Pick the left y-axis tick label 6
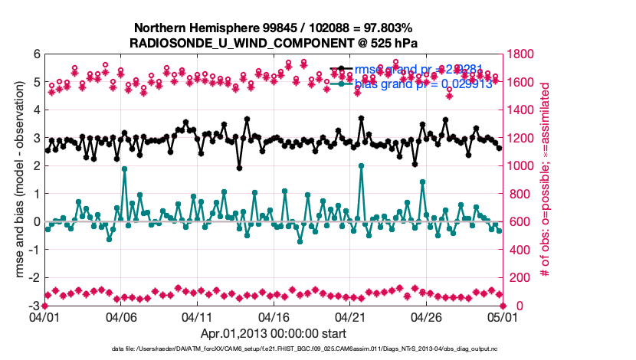pyautogui.click(x=35, y=54)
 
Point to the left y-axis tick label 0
pyautogui.click(x=35, y=222)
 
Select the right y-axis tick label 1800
pyautogui.click(x=523, y=54)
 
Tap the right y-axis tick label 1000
pyautogui.click(x=523, y=166)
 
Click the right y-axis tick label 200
pyautogui.click(x=520, y=278)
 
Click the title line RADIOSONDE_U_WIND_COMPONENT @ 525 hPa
pyautogui.click(x=273, y=42)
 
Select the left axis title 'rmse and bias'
pyautogui.click(x=21, y=180)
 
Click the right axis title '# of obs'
pyautogui.click(x=546, y=180)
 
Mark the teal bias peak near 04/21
pyautogui.click(x=361, y=165)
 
